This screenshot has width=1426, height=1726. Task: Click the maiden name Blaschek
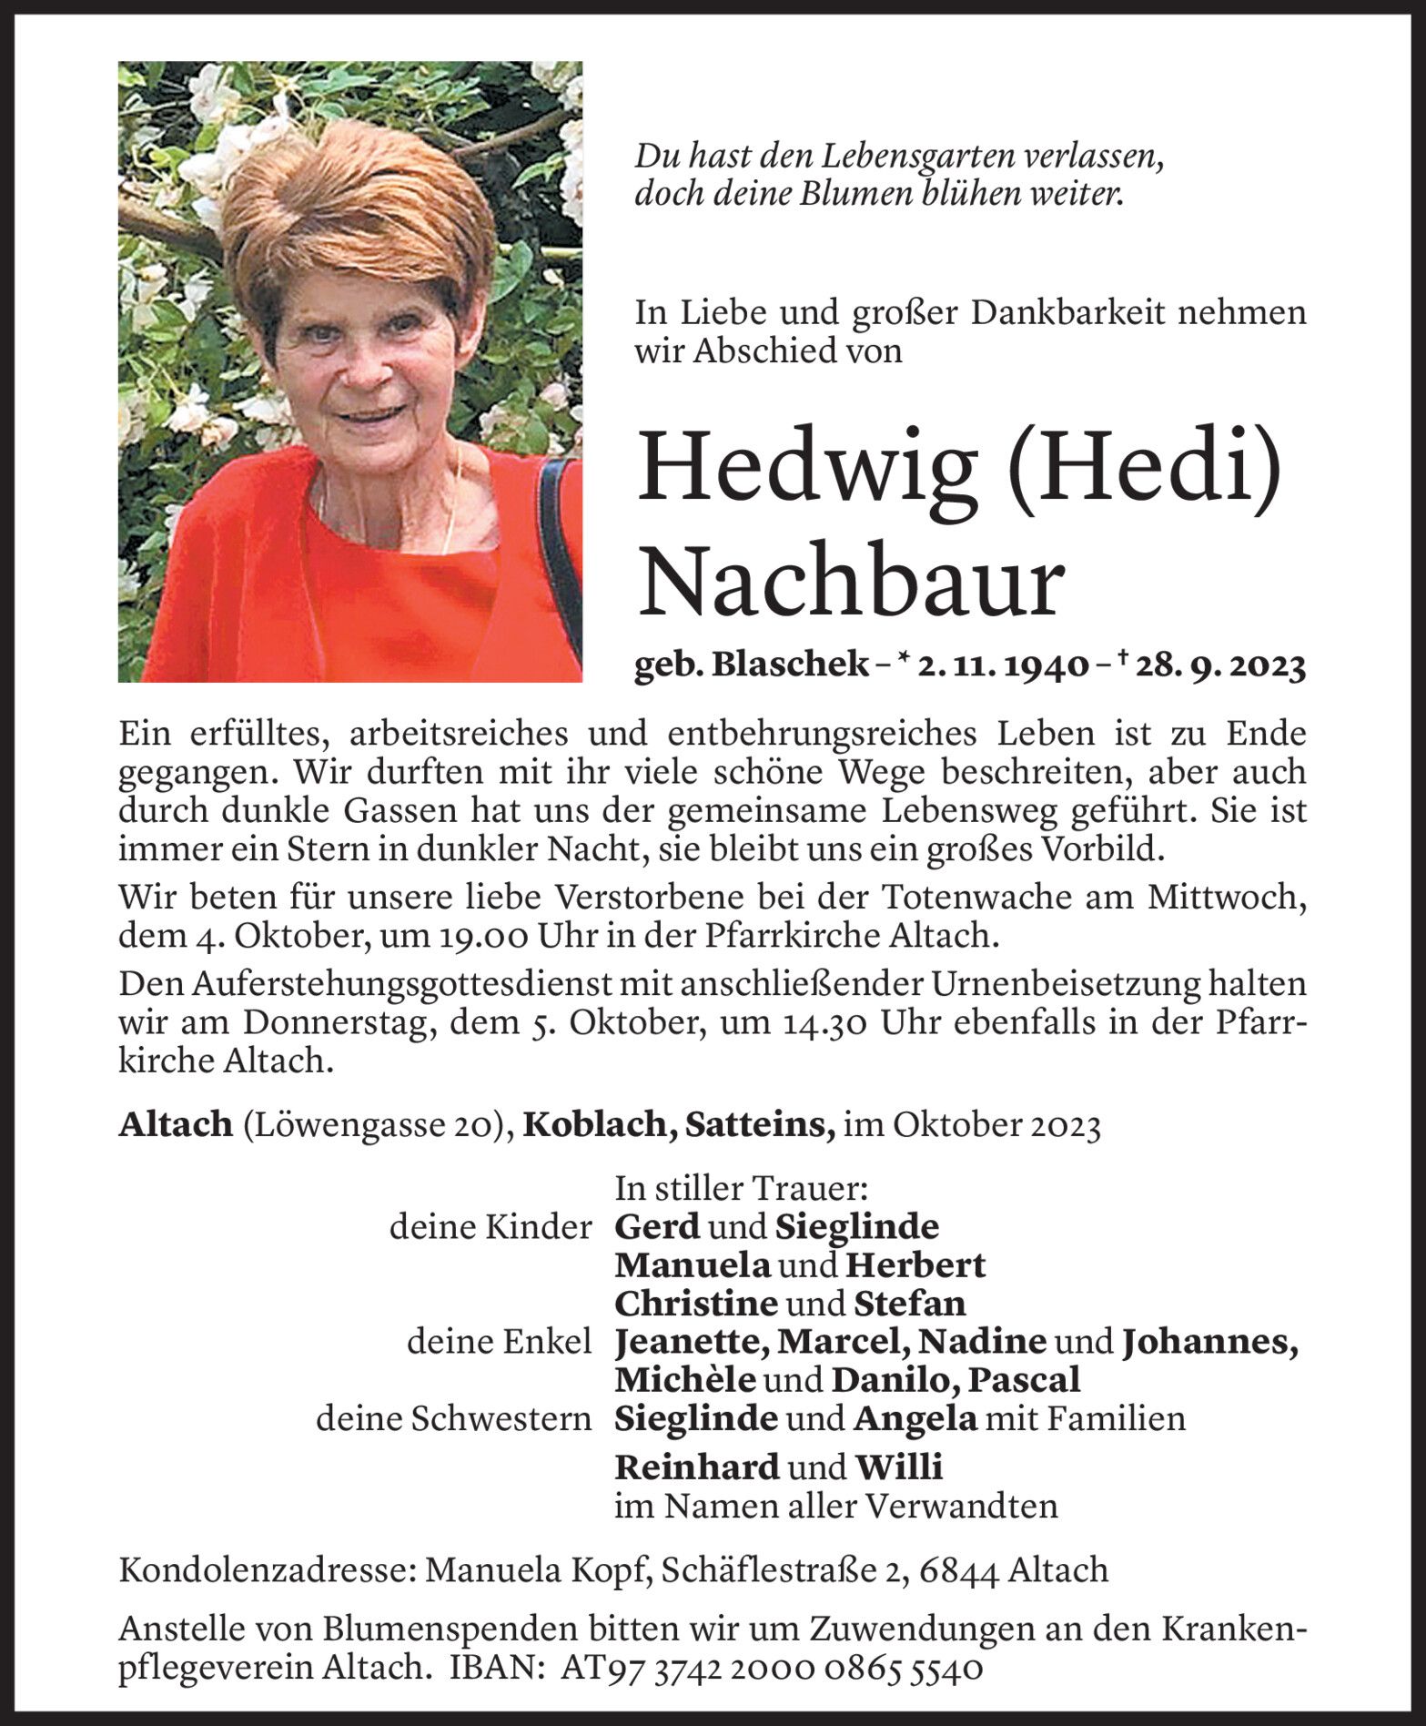[x=789, y=666]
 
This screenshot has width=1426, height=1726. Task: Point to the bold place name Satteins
[x=758, y=1126]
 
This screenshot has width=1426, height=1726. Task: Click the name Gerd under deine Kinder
[x=657, y=1227]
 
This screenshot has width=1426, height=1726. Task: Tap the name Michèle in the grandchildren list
[x=684, y=1380]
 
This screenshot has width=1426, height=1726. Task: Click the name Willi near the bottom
[x=898, y=1467]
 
